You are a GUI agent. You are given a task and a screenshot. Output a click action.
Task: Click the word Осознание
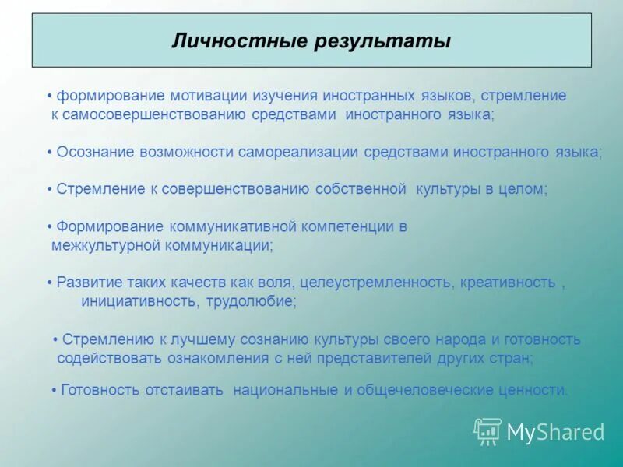click(x=95, y=152)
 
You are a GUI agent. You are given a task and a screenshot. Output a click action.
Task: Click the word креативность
click(x=508, y=283)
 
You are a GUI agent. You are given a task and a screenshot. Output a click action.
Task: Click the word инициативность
click(x=141, y=301)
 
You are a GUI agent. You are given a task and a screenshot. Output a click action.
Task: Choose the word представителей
click(x=378, y=359)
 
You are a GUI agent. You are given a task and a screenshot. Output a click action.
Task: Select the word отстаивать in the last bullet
click(x=183, y=390)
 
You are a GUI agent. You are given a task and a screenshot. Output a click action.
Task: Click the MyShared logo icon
click(x=487, y=431)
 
